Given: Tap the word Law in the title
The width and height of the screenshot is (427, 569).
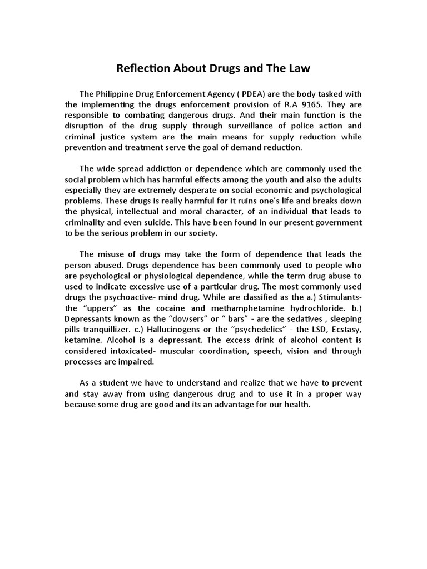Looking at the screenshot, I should pos(297,69).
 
